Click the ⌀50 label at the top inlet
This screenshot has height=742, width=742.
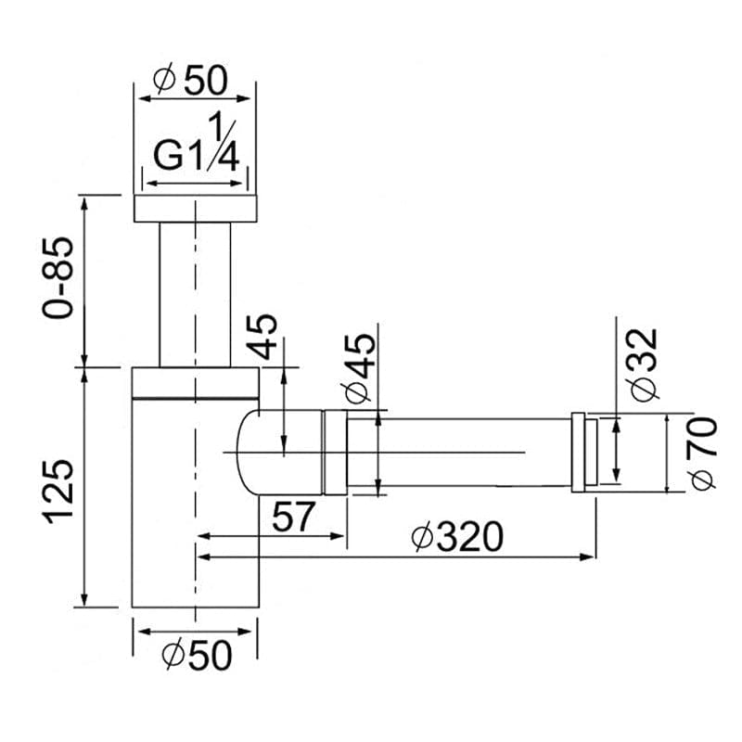tap(193, 81)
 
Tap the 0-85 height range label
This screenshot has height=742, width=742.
tap(58, 279)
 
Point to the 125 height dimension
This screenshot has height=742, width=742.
tap(58, 489)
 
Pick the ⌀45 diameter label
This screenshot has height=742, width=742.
tap(360, 369)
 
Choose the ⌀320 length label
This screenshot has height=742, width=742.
tap(458, 537)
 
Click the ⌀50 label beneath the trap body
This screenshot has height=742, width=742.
tap(196, 655)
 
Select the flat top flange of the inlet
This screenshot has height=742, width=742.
tap(195, 209)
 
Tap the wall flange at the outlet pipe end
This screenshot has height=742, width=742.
tap(584, 452)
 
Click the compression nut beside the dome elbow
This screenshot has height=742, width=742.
tap(334, 452)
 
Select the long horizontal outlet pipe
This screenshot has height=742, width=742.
tap(459, 452)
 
